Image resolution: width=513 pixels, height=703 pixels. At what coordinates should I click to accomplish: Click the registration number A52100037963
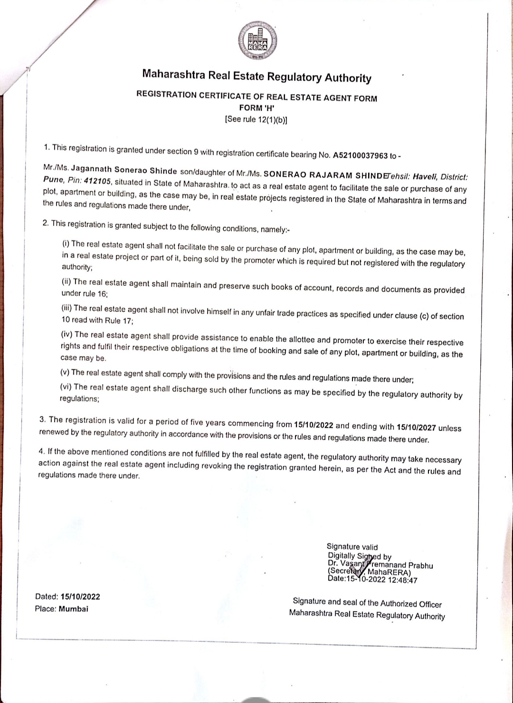(x=361, y=155)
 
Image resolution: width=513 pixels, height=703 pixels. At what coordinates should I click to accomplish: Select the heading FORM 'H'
(x=256, y=108)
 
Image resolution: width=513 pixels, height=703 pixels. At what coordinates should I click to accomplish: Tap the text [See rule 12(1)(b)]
(x=256, y=119)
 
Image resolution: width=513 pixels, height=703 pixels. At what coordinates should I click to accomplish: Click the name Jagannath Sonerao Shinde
(x=124, y=169)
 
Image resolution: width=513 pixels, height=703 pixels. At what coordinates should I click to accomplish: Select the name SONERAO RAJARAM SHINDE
(x=323, y=175)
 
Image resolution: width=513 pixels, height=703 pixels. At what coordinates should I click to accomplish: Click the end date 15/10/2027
(x=416, y=427)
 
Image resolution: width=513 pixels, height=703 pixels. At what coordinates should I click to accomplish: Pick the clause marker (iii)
(x=67, y=308)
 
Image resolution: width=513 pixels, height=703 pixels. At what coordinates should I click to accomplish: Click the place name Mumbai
(x=74, y=609)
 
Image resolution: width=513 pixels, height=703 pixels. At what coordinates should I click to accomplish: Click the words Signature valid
(x=352, y=547)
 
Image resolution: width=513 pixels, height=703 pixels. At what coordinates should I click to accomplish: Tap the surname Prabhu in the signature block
(x=421, y=565)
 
